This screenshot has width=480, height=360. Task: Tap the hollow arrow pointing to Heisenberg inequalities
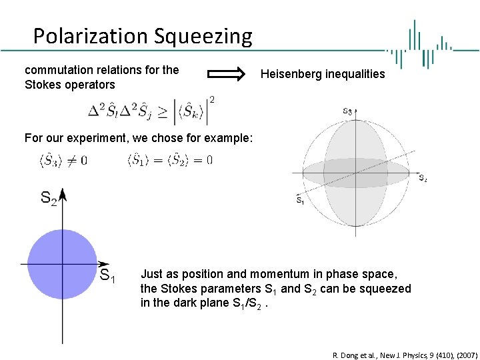(227, 74)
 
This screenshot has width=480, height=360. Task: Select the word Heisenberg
(291, 74)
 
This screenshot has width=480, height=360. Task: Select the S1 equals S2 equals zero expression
(169, 160)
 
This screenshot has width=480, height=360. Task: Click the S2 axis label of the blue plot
(49, 197)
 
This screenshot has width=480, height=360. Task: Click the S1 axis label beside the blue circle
(107, 275)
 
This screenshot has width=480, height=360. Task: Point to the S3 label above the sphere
(348, 112)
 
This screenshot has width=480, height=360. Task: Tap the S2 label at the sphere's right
(423, 177)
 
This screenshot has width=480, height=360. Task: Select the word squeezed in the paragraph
(388, 289)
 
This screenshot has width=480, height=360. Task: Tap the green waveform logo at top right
(420, 44)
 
